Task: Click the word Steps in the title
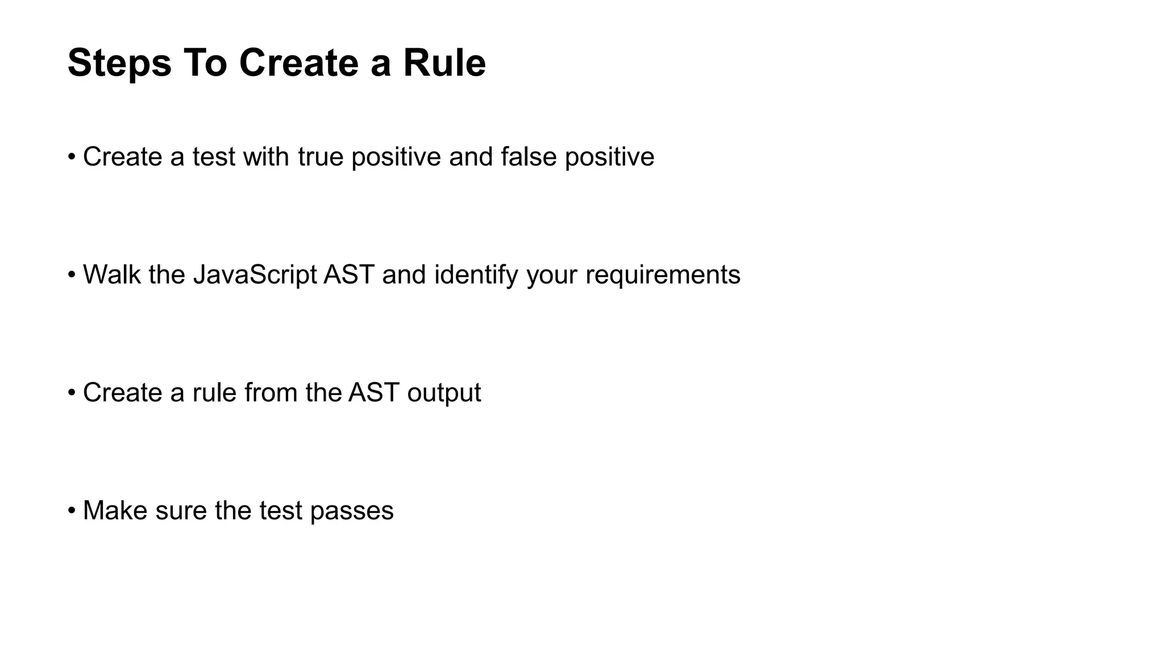119,63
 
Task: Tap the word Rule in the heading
444,63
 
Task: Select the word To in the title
205,63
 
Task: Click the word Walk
111,275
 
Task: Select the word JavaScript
255,275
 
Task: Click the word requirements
663,275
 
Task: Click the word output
444,393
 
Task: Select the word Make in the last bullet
115,511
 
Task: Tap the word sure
181,511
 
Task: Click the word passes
352,511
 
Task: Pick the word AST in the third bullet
373,393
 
